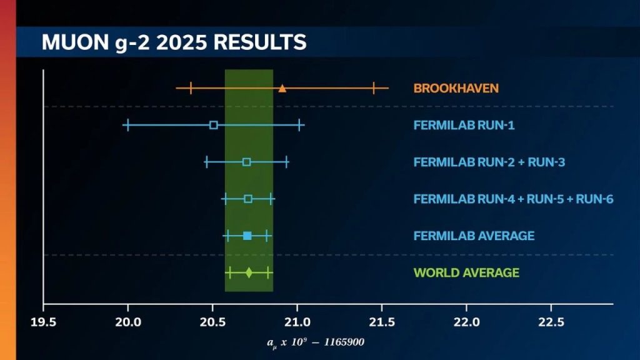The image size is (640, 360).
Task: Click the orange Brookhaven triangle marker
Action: tap(282, 88)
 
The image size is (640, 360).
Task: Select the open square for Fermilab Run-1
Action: tap(214, 125)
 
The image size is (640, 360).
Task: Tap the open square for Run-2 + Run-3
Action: tap(246, 162)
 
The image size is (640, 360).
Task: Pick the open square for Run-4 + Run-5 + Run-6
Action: tap(248, 199)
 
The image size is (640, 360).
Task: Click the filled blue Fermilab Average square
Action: tap(247, 236)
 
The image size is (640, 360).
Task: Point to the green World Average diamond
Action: tap(249, 272)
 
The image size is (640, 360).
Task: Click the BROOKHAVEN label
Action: tap(456, 88)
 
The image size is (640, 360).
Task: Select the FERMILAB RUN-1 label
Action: tap(464, 125)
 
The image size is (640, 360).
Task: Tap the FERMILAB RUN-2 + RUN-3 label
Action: tap(489, 162)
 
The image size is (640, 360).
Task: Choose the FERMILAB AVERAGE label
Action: tap(474, 236)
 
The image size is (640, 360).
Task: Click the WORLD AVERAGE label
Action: tap(466, 272)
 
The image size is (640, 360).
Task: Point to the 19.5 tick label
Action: tap(43, 322)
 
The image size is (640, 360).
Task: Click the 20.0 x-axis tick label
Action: tap(127, 322)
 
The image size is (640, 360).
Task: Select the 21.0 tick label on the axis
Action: tap(297, 322)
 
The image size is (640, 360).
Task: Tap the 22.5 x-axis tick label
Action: tap(551, 322)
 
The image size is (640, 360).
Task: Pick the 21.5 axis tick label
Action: tap(382, 322)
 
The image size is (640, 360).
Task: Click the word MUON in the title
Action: tap(75, 42)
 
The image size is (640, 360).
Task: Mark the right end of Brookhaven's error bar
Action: tap(389, 88)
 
